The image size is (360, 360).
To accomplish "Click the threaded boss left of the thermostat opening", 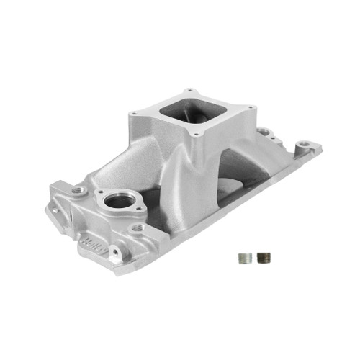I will [x=78, y=190].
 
